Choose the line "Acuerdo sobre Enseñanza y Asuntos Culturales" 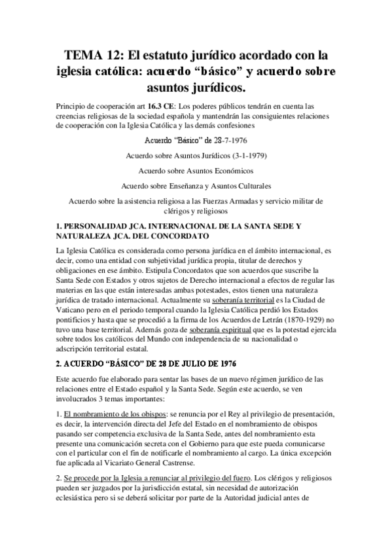(196, 186)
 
